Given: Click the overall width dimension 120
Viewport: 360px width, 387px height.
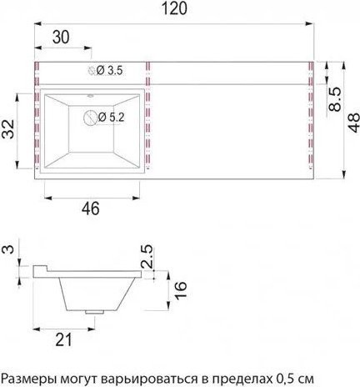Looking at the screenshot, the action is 174,8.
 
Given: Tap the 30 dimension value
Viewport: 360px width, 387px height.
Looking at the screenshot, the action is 61,37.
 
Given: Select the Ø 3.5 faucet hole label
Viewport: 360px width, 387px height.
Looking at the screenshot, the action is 110,71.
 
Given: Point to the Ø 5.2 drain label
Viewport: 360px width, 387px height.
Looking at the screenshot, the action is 112,118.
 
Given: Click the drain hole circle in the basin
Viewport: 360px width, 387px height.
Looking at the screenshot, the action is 90,118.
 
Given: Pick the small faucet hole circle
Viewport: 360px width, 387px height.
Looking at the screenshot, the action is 92,71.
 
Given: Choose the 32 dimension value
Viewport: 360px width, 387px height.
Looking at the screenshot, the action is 7,129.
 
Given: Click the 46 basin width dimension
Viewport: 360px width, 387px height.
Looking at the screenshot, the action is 91,209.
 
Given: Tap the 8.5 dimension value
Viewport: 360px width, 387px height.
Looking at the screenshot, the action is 334,99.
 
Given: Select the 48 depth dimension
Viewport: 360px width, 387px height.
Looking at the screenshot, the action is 352,123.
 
